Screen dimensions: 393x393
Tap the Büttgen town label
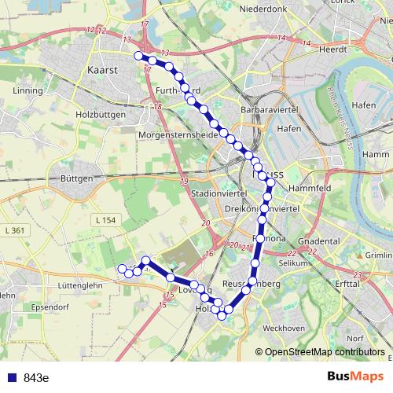pos(77,178)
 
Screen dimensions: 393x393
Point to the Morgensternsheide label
pos(176,135)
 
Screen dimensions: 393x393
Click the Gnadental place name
pos(319,241)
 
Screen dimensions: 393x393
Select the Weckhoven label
pos(284,328)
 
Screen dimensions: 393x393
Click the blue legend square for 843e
pos(12,377)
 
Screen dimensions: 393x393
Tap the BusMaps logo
pos(356,376)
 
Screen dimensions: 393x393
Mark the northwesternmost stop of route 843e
pos(138,56)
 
